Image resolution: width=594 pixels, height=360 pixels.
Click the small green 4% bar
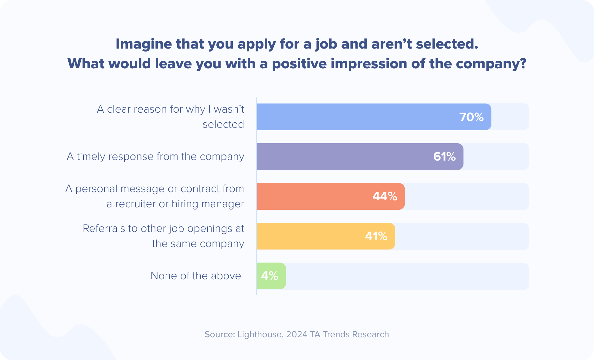tap(271, 276)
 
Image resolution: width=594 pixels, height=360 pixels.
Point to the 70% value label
tap(471, 117)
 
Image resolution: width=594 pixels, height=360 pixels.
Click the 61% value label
tap(444, 157)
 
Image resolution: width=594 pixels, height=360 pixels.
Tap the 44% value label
tap(385, 196)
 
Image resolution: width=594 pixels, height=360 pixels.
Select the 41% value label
tap(376, 236)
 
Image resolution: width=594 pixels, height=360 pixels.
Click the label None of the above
tap(196, 276)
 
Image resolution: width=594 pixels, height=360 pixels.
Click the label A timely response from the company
tap(155, 157)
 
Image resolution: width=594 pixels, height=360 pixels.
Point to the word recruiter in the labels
tap(135, 204)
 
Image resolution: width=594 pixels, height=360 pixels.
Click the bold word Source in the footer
tap(219, 334)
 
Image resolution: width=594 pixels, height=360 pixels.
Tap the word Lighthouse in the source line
tap(260, 334)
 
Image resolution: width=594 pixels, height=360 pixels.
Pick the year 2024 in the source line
tap(297, 334)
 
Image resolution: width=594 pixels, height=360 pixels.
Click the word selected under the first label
tap(223, 124)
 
